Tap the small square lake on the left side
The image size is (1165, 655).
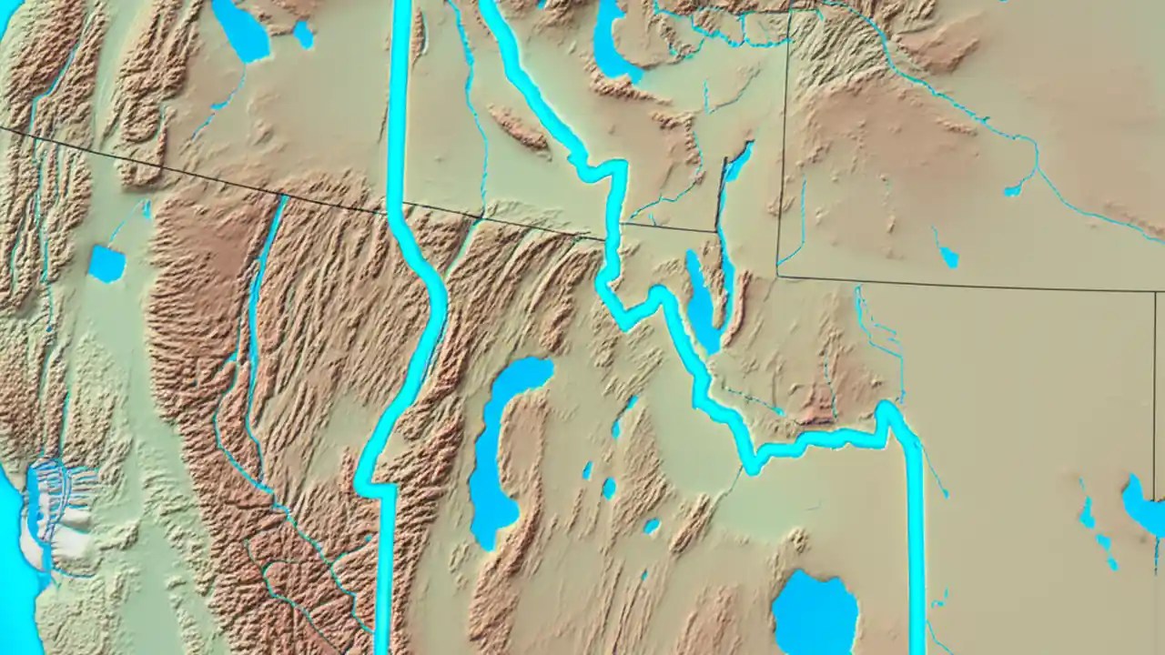pos(106,264)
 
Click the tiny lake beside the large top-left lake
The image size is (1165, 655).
pos(303,35)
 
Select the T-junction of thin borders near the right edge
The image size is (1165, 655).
pos(1157,292)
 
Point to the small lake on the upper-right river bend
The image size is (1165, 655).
pos(1012,190)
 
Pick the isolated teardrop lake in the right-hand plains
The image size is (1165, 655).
pos(948,257)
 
